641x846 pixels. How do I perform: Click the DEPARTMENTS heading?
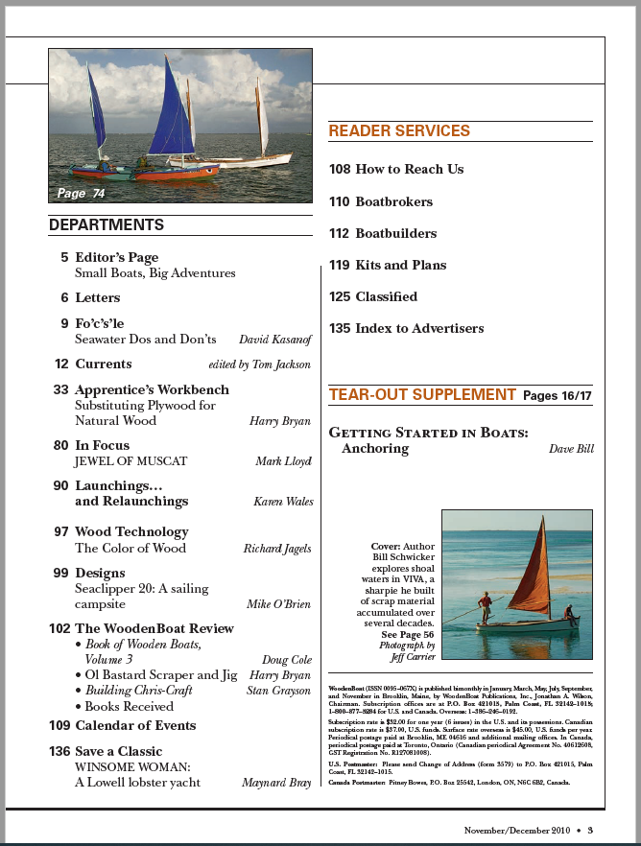click(107, 225)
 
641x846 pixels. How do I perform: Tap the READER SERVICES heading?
click(399, 130)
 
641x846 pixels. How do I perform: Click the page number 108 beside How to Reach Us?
click(340, 169)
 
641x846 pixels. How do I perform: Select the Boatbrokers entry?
click(393, 201)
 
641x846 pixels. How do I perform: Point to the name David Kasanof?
click(274, 340)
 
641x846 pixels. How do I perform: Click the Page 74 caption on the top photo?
click(81, 194)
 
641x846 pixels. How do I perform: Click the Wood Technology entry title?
click(131, 531)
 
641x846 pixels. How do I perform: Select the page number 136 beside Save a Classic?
click(59, 751)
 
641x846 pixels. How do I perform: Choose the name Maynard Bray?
click(276, 783)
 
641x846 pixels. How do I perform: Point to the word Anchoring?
click(375, 449)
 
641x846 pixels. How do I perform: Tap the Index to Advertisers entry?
click(419, 328)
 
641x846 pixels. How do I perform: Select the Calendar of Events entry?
click(135, 725)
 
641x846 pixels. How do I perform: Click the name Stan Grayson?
click(279, 691)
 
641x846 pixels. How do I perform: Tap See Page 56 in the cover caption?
click(408, 635)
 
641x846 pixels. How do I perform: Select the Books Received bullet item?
click(130, 706)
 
